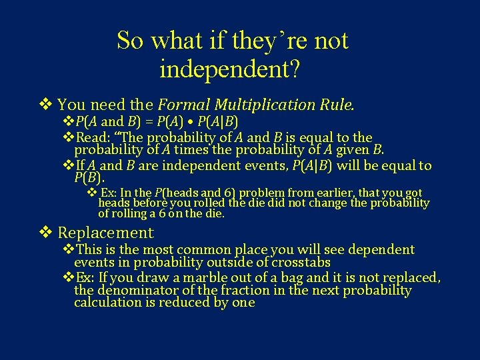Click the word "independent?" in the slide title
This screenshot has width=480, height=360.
[232, 69]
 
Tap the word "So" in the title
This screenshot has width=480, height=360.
[131, 41]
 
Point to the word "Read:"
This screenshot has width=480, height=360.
[95, 138]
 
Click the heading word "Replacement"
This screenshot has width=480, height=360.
[105, 233]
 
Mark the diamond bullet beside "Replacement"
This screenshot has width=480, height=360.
[45, 233]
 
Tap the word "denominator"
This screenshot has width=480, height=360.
[137, 291]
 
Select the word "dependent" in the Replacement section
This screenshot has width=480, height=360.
[378, 250]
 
